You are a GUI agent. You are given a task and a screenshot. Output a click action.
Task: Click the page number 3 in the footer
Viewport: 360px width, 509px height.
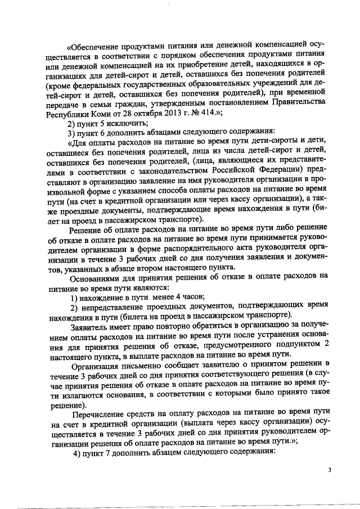point(331,470)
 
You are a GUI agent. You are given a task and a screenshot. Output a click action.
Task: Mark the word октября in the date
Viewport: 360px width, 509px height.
point(138,114)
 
